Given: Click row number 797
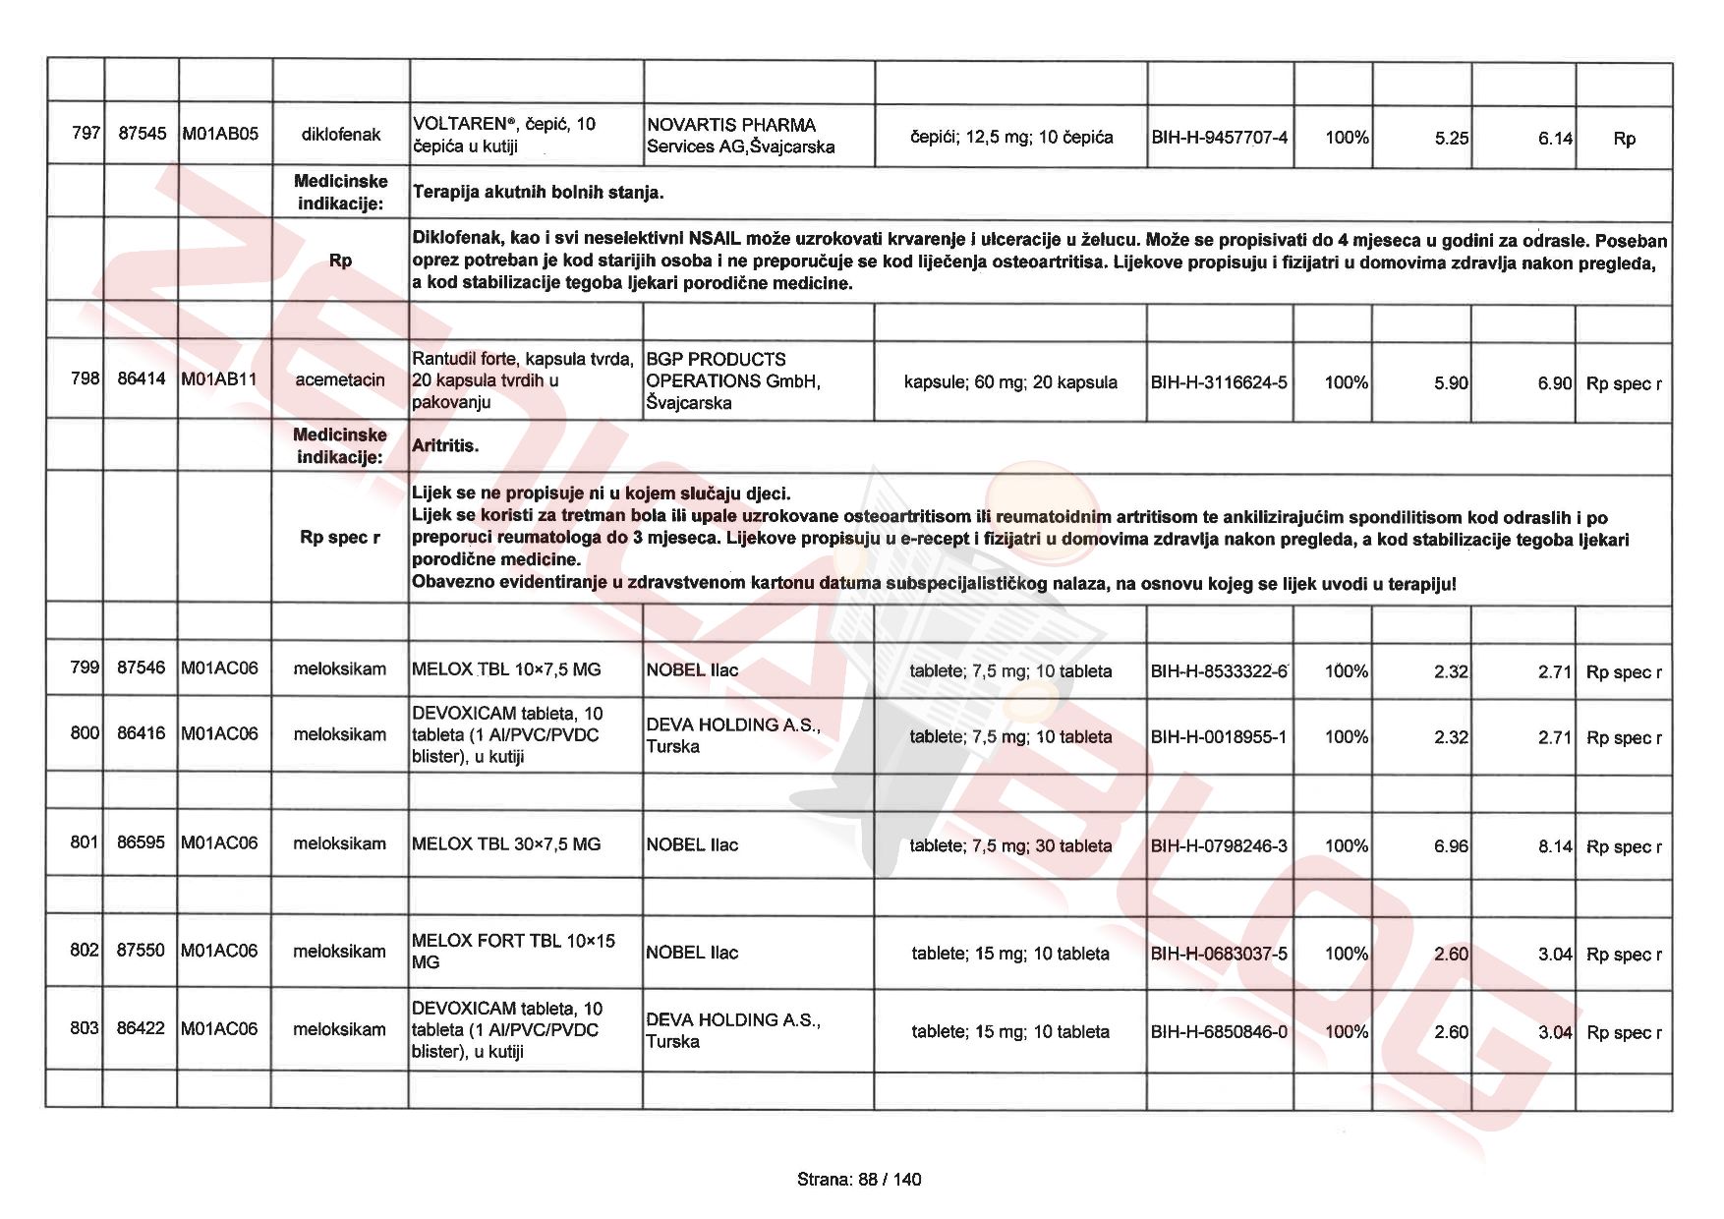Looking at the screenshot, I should click(x=86, y=133).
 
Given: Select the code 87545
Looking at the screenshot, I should click(x=142, y=133).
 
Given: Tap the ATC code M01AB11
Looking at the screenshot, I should click(x=219, y=379).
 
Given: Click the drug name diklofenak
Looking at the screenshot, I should click(x=340, y=135).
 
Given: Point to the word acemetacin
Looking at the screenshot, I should click(x=340, y=379).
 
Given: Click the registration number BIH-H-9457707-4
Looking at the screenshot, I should click(x=1219, y=138).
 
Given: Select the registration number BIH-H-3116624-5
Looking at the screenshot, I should click(x=1219, y=382).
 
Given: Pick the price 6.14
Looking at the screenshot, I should click(x=1554, y=139).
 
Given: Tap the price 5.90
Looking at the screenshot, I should click(x=1450, y=382).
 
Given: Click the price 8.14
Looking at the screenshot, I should click(x=1554, y=845).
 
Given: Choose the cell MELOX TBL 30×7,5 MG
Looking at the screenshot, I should click(x=506, y=843).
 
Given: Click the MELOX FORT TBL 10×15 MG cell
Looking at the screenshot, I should click(x=513, y=951).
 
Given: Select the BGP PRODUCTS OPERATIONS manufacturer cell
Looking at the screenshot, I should click(x=732, y=380).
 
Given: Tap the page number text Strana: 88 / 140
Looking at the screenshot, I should click(x=859, y=1179).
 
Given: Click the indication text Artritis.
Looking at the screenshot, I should click(x=445, y=445).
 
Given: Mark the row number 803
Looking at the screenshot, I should click(x=85, y=1027).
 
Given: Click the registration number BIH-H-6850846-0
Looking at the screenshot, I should click(x=1219, y=1031).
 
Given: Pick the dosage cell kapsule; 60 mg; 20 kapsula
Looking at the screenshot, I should click(x=1010, y=382).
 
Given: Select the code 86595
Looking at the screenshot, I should click(x=141, y=842).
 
